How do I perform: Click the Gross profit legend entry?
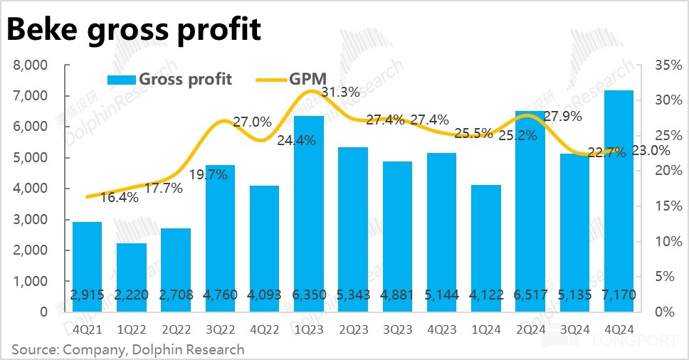pos(170,79)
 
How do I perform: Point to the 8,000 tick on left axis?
pos(31,65)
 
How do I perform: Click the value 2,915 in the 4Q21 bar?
pos(87,295)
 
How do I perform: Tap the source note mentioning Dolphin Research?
pos(128,349)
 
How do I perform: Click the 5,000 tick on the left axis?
pos(31,158)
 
